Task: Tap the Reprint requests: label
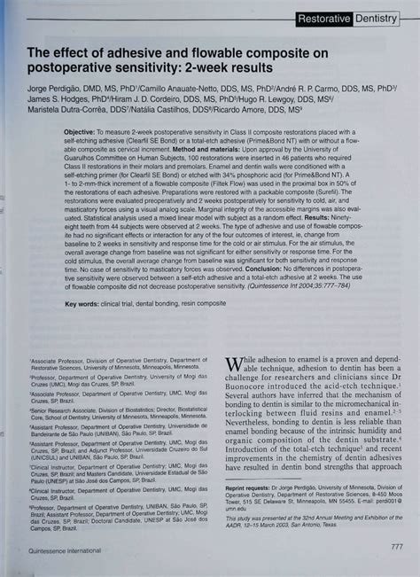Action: pos(250,487)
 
